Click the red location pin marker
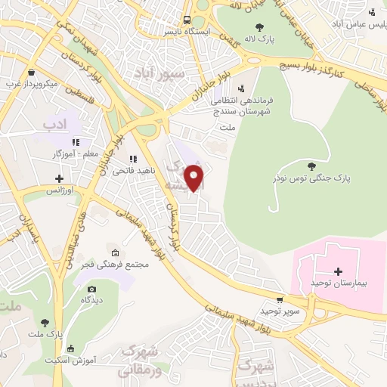[x=195, y=178]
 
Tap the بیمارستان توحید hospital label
[x=338, y=282]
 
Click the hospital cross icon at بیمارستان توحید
[x=338, y=271]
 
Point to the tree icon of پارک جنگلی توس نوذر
[x=311, y=166]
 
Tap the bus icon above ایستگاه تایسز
[x=186, y=21]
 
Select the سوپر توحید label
[x=280, y=311]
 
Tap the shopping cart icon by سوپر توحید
[x=280, y=299]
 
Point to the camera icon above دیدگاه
[x=91, y=289]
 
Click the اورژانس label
[x=60, y=190]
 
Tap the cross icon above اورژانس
[x=60, y=178]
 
